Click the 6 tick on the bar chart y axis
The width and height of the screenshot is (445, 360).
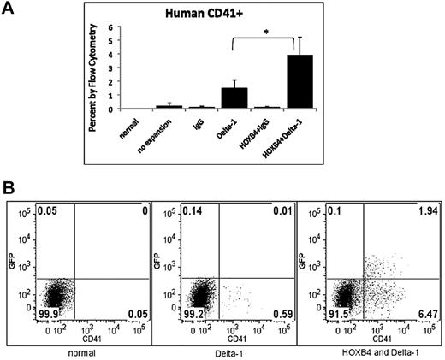[109, 28]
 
